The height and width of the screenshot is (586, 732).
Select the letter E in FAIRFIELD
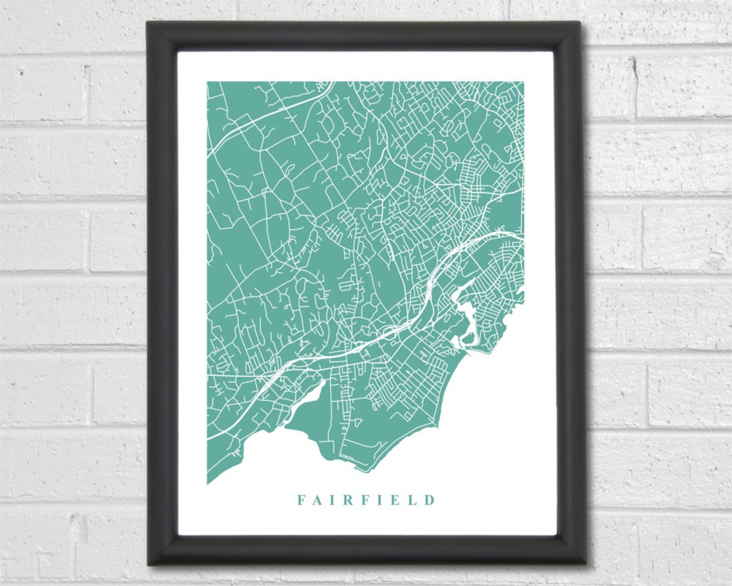pos(395,501)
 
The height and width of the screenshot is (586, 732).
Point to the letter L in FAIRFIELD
pos(412,501)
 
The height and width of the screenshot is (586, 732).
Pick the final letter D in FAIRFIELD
pos(429,501)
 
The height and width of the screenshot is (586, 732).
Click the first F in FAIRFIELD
pos(300,501)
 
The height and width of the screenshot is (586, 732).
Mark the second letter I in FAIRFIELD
pos(380,501)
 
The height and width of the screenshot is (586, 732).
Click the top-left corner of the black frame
pos(147,22)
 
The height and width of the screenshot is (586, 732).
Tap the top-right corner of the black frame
pos(581,22)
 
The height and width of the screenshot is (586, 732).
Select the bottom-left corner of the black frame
pos(148,564)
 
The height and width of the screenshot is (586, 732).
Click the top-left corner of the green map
pos(207,82)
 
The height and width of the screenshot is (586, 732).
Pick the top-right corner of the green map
pos(523,82)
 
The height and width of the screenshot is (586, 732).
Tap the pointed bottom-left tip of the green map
pos(207,484)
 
